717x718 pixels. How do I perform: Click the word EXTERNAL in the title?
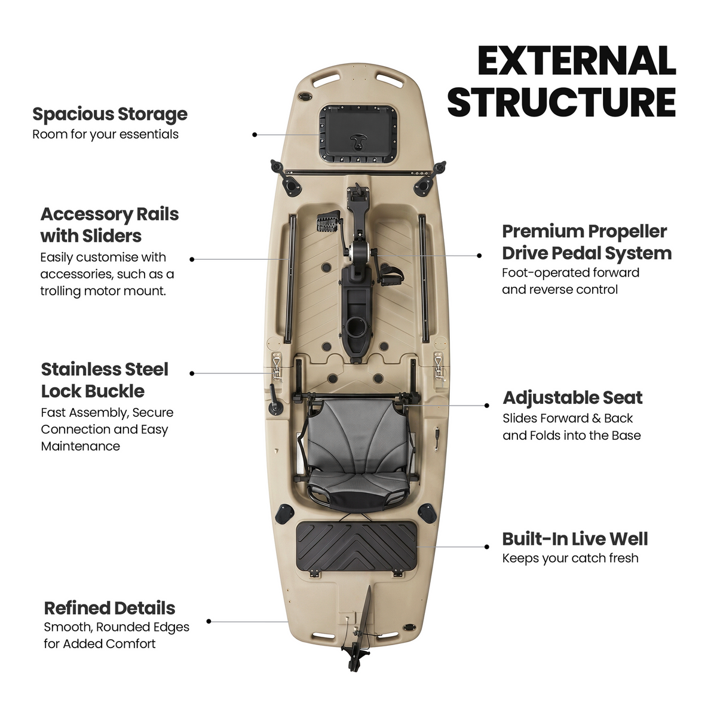(577, 61)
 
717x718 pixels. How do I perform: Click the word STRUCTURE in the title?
(562, 103)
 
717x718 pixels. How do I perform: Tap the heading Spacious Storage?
(109, 114)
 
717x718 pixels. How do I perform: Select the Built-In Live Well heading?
(575, 539)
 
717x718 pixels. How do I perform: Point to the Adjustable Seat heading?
(572, 398)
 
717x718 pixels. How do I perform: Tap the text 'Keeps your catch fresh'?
(570, 558)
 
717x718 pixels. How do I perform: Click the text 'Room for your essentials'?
(106, 134)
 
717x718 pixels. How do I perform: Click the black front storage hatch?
(358, 134)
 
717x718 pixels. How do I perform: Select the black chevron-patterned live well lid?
(357, 546)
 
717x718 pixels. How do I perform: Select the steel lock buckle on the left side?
(277, 367)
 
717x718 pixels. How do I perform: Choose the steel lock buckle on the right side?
(439, 367)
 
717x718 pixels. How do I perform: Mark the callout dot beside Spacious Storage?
(255, 134)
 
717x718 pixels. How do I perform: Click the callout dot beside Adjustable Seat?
(486, 406)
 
